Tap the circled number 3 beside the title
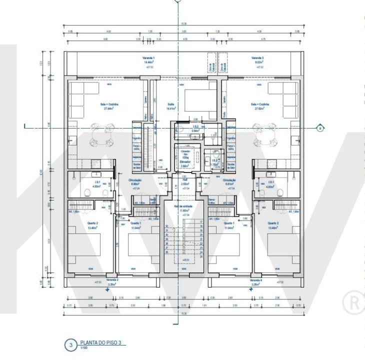coord(70,344)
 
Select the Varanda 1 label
coord(149,58)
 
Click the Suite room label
coord(170,105)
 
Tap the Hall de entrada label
coord(185,207)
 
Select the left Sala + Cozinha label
coord(107,105)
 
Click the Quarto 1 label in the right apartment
coord(229,224)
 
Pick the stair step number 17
coord(200,221)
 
